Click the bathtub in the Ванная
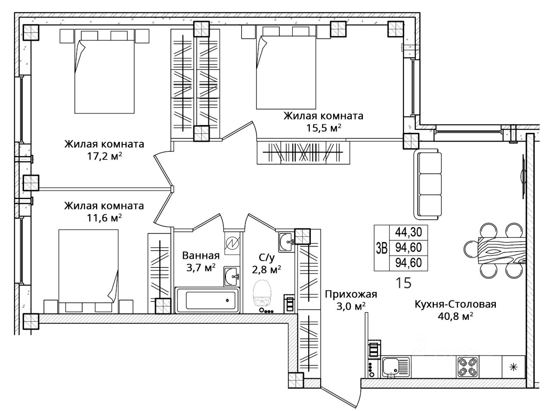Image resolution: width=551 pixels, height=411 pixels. pos(207,300)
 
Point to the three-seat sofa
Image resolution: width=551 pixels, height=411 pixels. pos(427,185)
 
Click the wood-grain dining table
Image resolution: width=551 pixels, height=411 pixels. pos(502,250)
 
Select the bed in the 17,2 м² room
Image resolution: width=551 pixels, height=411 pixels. pos(104,71)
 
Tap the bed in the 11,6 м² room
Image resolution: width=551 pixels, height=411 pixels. pos(88,271)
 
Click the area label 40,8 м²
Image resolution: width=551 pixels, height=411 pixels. pos(455,316)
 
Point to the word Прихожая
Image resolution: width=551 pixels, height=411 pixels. pos(351,294)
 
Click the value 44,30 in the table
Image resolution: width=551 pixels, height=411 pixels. pos(409,232)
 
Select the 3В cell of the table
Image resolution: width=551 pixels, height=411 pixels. pos(381,248)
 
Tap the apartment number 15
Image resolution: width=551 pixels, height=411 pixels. pos(403,283)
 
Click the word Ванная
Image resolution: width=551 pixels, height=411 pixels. pos(201,256)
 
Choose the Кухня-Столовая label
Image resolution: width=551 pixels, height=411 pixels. pos(455,304)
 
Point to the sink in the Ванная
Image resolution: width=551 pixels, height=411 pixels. pos(231,276)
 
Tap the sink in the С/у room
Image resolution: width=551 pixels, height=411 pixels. pos(286,242)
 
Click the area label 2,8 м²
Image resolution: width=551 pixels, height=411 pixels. pos(266,270)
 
